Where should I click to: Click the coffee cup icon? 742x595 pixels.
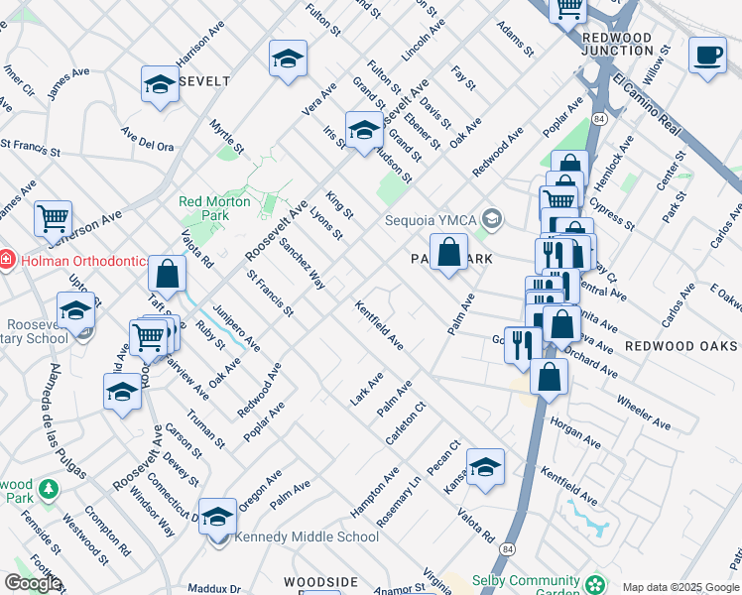pos(707,56)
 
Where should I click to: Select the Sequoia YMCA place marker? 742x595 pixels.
pos(494,218)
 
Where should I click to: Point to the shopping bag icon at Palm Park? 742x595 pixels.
pos(448,252)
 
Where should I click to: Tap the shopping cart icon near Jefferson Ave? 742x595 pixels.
pos(53,217)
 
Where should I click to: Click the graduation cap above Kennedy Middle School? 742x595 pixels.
pos(217,517)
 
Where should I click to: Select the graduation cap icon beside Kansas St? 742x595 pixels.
pos(485,467)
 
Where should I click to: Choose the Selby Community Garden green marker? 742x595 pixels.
pos(594,583)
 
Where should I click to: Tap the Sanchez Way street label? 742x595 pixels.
pos(302,263)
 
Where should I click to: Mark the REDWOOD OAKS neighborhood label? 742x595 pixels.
pos(680,346)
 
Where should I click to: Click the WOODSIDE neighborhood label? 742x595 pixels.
pos(320,581)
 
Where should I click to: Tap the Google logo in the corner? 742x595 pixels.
pos(33,583)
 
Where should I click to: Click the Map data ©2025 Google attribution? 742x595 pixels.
pos(680,587)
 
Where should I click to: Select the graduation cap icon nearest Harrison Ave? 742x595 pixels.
pos(159,85)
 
